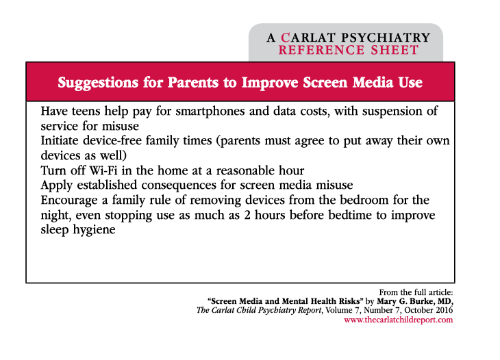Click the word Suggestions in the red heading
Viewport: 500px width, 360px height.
coord(98,83)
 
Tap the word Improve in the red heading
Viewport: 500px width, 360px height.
coord(270,83)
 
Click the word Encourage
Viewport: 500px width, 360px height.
coord(69,201)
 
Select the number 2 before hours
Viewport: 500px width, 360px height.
coord(247,215)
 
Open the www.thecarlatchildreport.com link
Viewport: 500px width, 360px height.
coord(398,320)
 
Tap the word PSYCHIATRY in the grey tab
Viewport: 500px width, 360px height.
coord(386,38)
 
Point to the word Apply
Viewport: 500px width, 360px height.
coord(57,185)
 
